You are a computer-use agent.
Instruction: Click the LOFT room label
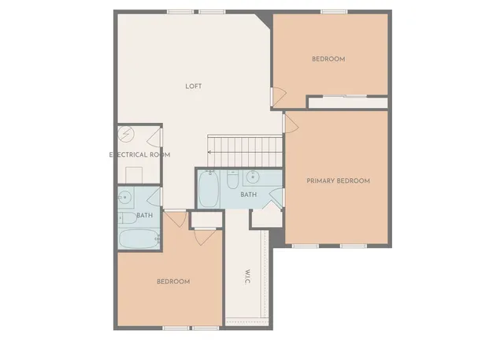tap(193, 86)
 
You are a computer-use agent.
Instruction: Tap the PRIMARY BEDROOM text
tap(338, 181)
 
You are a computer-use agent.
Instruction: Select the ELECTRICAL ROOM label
tap(139, 154)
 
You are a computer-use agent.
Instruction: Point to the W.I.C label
tap(247, 278)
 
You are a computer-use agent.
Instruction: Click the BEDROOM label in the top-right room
tap(328, 59)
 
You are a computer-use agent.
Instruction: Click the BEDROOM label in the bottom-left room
tap(172, 282)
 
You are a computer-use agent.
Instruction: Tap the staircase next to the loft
tap(245, 147)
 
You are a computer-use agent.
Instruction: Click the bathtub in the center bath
tap(208, 190)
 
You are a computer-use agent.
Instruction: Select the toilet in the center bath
tap(232, 180)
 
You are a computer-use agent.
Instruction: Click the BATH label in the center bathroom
tap(248, 195)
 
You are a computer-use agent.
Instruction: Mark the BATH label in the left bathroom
tap(145, 215)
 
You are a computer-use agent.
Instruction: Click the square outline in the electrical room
tap(133, 174)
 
